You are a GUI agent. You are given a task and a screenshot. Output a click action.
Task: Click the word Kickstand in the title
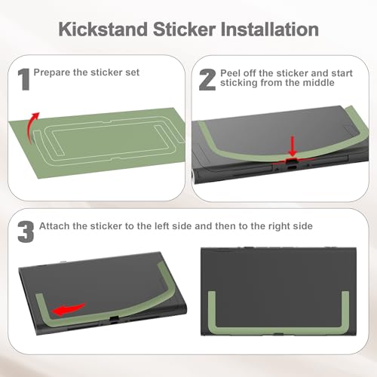(x=103, y=29)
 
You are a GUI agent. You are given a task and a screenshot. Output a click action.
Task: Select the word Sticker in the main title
(x=184, y=29)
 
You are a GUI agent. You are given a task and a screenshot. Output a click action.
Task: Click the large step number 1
(x=24, y=79)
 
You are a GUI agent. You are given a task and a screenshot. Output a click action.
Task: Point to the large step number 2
(x=207, y=80)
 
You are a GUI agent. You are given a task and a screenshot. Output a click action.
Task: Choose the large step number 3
(x=26, y=231)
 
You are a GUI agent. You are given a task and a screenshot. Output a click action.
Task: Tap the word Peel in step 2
(x=229, y=73)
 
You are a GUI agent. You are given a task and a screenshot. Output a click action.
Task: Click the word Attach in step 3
(x=54, y=226)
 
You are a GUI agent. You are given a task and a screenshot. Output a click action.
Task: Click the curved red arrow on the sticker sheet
(x=32, y=127)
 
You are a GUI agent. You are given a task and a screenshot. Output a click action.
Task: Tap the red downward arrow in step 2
(x=293, y=146)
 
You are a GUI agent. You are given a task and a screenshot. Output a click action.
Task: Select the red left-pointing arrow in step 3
(x=69, y=309)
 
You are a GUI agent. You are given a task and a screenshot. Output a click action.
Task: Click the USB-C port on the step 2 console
(x=293, y=168)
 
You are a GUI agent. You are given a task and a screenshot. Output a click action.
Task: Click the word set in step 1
(x=134, y=72)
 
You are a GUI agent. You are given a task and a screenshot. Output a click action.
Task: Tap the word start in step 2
(x=342, y=73)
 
